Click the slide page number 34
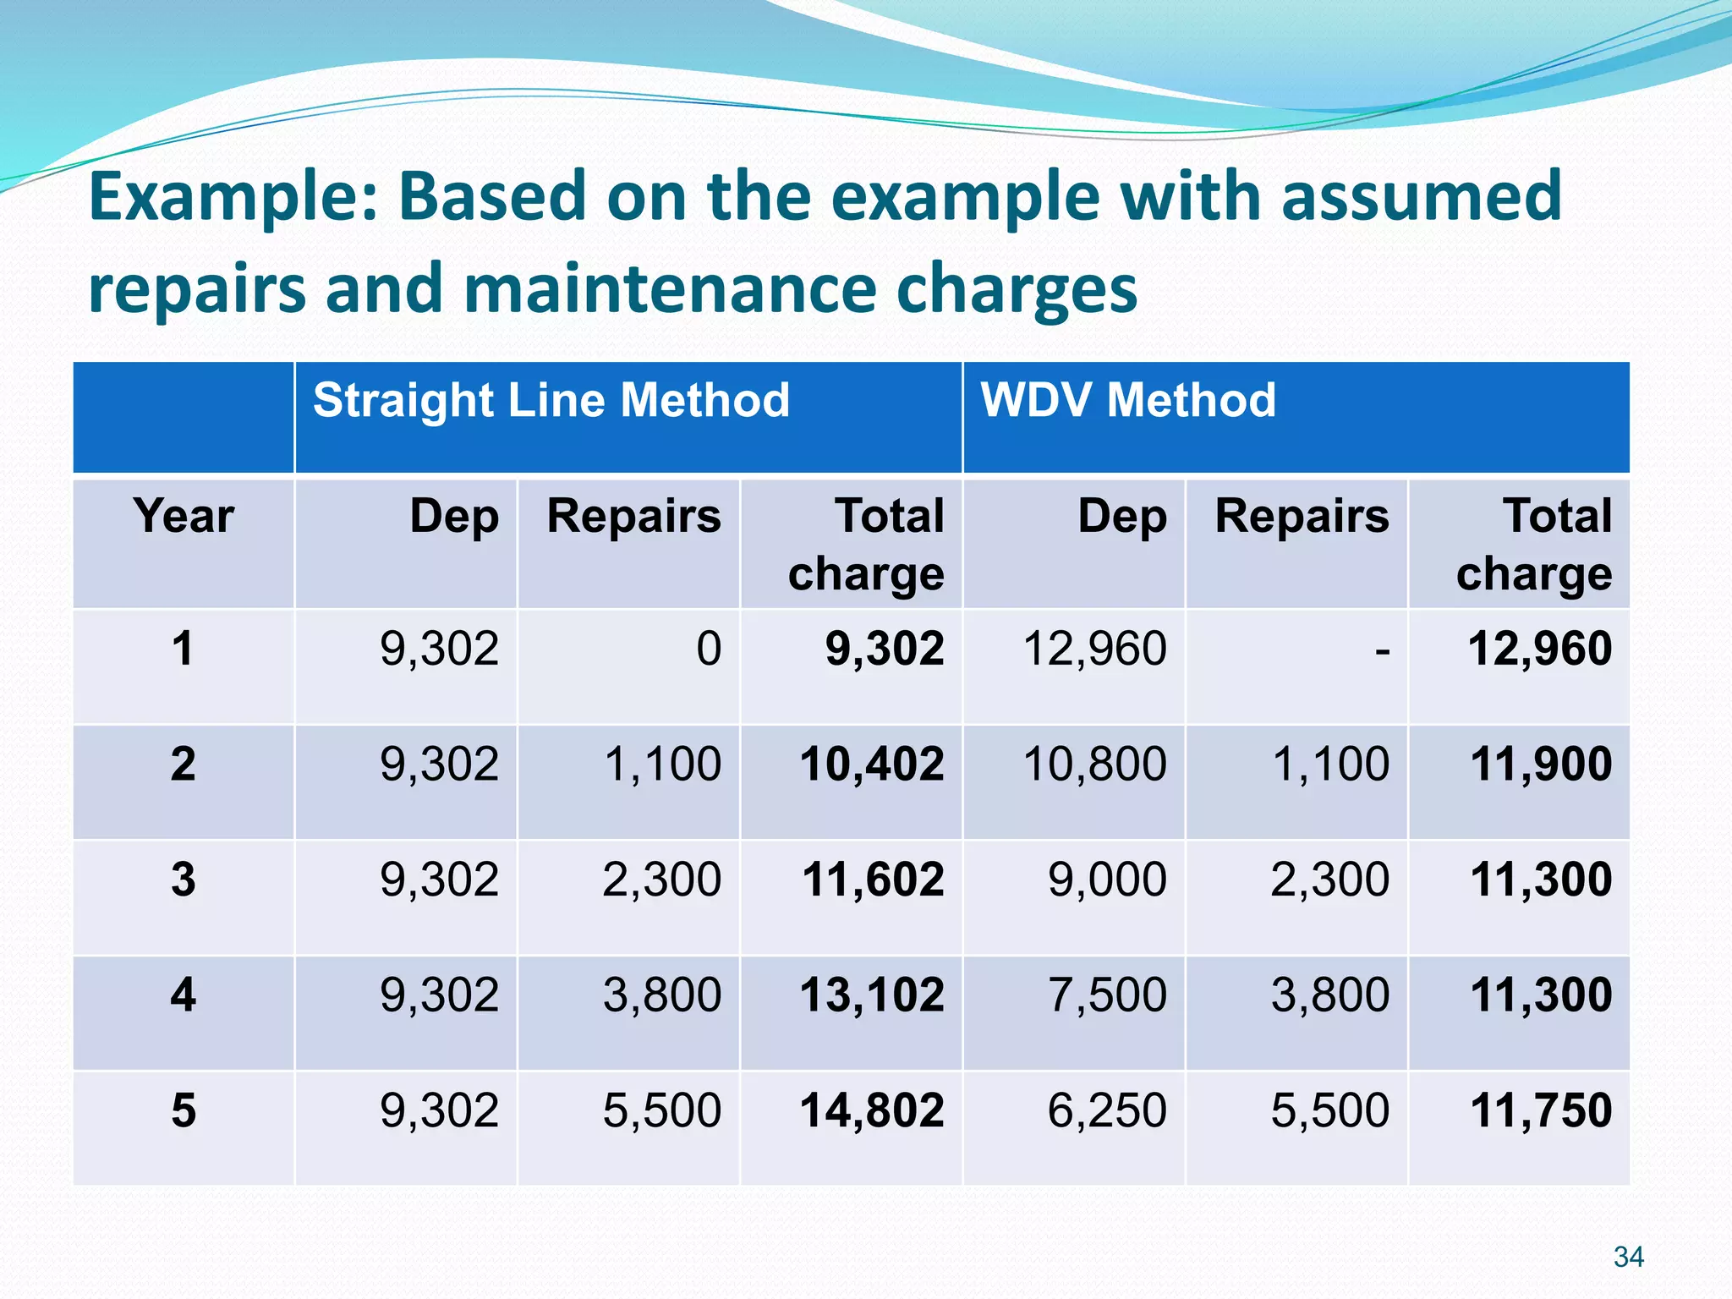(x=1628, y=1257)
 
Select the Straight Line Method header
(x=551, y=400)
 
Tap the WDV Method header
(x=1127, y=400)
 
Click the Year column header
(x=184, y=516)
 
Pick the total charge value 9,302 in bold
(x=884, y=649)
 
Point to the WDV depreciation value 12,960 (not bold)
(x=1094, y=649)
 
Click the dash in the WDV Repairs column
(x=1382, y=651)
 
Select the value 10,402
(x=872, y=765)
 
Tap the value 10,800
(x=1094, y=765)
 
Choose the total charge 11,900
(x=1541, y=765)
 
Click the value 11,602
(x=873, y=880)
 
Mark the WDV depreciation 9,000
(x=1107, y=880)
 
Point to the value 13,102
(x=872, y=995)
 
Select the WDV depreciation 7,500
(x=1107, y=995)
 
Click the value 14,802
(x=872, y=1110)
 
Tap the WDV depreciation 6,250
(x=1107, y=1110)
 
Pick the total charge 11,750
(x=1541, y=1110)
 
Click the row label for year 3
(x=184, y=880)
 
